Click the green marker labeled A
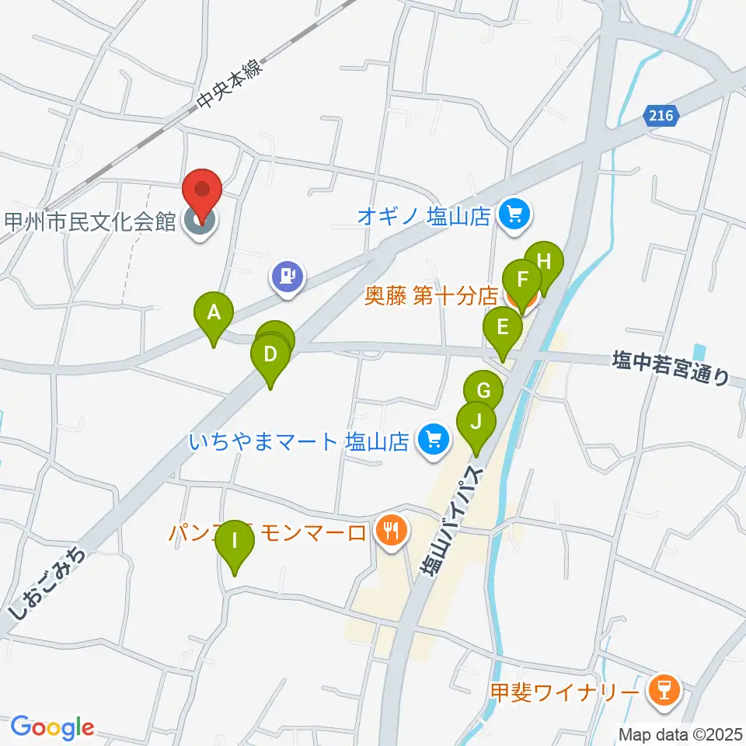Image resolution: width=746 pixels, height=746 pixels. [x=214, y=314]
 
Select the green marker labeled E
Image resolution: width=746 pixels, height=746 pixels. [x=503, y=327]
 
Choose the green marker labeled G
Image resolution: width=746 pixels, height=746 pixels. [x=483, y=389]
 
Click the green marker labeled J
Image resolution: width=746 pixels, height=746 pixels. [x=476, y=423]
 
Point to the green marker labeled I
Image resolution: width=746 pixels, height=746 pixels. [x=234, y=541]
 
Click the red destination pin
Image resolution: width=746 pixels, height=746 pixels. [x=202, y=190]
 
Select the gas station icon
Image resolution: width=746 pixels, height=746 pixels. [x=288, y=276]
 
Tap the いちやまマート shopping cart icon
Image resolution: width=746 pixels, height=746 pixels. [x=432, y=441]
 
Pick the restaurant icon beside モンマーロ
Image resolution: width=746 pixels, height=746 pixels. [x=389, y=532]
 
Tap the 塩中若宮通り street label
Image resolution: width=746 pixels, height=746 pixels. [x=671, y=368]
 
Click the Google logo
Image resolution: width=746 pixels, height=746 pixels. [x=52, y=727]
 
